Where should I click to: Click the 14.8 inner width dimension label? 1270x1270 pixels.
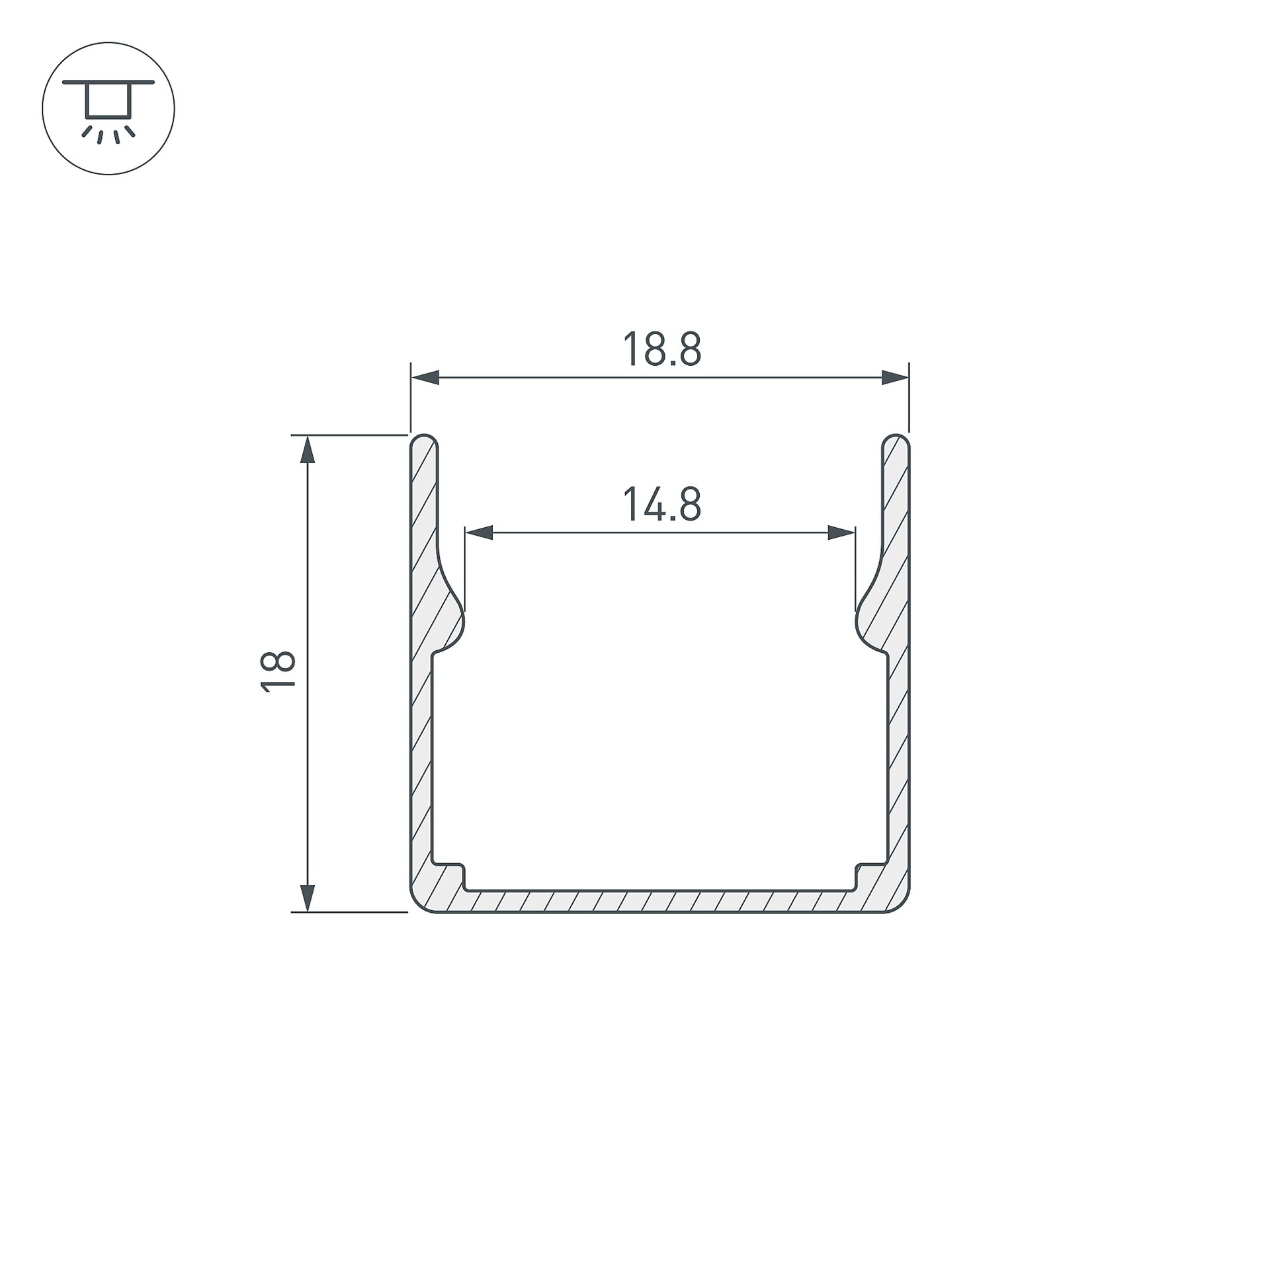click(661, 504)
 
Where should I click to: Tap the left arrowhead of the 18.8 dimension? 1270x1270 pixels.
click(425, 378)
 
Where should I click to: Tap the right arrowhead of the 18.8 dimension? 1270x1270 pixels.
click(896, 378)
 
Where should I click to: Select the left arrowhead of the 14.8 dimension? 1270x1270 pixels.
click(479, 532)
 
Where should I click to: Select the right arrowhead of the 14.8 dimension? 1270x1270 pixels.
click(841, 532)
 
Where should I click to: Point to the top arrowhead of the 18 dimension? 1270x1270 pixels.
click(307, 449)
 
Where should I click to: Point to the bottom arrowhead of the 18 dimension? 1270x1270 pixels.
click(307, 898)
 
